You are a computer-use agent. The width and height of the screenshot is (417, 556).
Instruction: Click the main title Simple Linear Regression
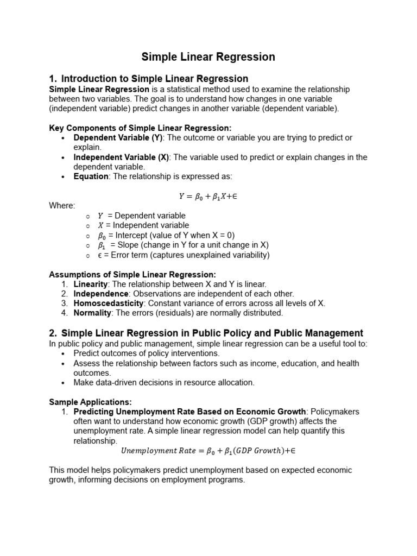coord(208,57)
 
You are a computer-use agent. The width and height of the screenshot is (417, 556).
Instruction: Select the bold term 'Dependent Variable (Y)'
coord(118,137)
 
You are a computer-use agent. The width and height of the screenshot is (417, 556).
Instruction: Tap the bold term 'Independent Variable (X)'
coord(121,157)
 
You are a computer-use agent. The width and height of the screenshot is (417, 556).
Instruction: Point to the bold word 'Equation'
coord(91,176)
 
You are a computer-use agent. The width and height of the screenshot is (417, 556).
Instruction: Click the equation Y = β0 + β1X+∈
coord(208,196)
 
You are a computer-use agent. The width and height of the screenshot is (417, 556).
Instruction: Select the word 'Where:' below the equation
coord(62,206)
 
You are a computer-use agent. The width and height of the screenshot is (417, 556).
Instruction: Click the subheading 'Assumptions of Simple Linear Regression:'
coord(132,275)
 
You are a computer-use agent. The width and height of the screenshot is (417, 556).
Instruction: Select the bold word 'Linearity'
coord(91,284)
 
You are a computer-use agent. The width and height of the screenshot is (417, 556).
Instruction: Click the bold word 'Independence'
coord(100,294)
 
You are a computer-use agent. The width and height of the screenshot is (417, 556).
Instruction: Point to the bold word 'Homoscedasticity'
coord(109,304)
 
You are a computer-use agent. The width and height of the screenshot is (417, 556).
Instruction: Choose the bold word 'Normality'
coord(92,313)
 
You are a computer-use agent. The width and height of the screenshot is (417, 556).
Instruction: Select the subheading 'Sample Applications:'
coord(90,402)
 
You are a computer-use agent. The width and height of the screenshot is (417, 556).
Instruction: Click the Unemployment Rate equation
coord(208,451)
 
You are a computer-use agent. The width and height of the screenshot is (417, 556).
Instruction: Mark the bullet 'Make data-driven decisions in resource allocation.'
coord(163,383)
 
